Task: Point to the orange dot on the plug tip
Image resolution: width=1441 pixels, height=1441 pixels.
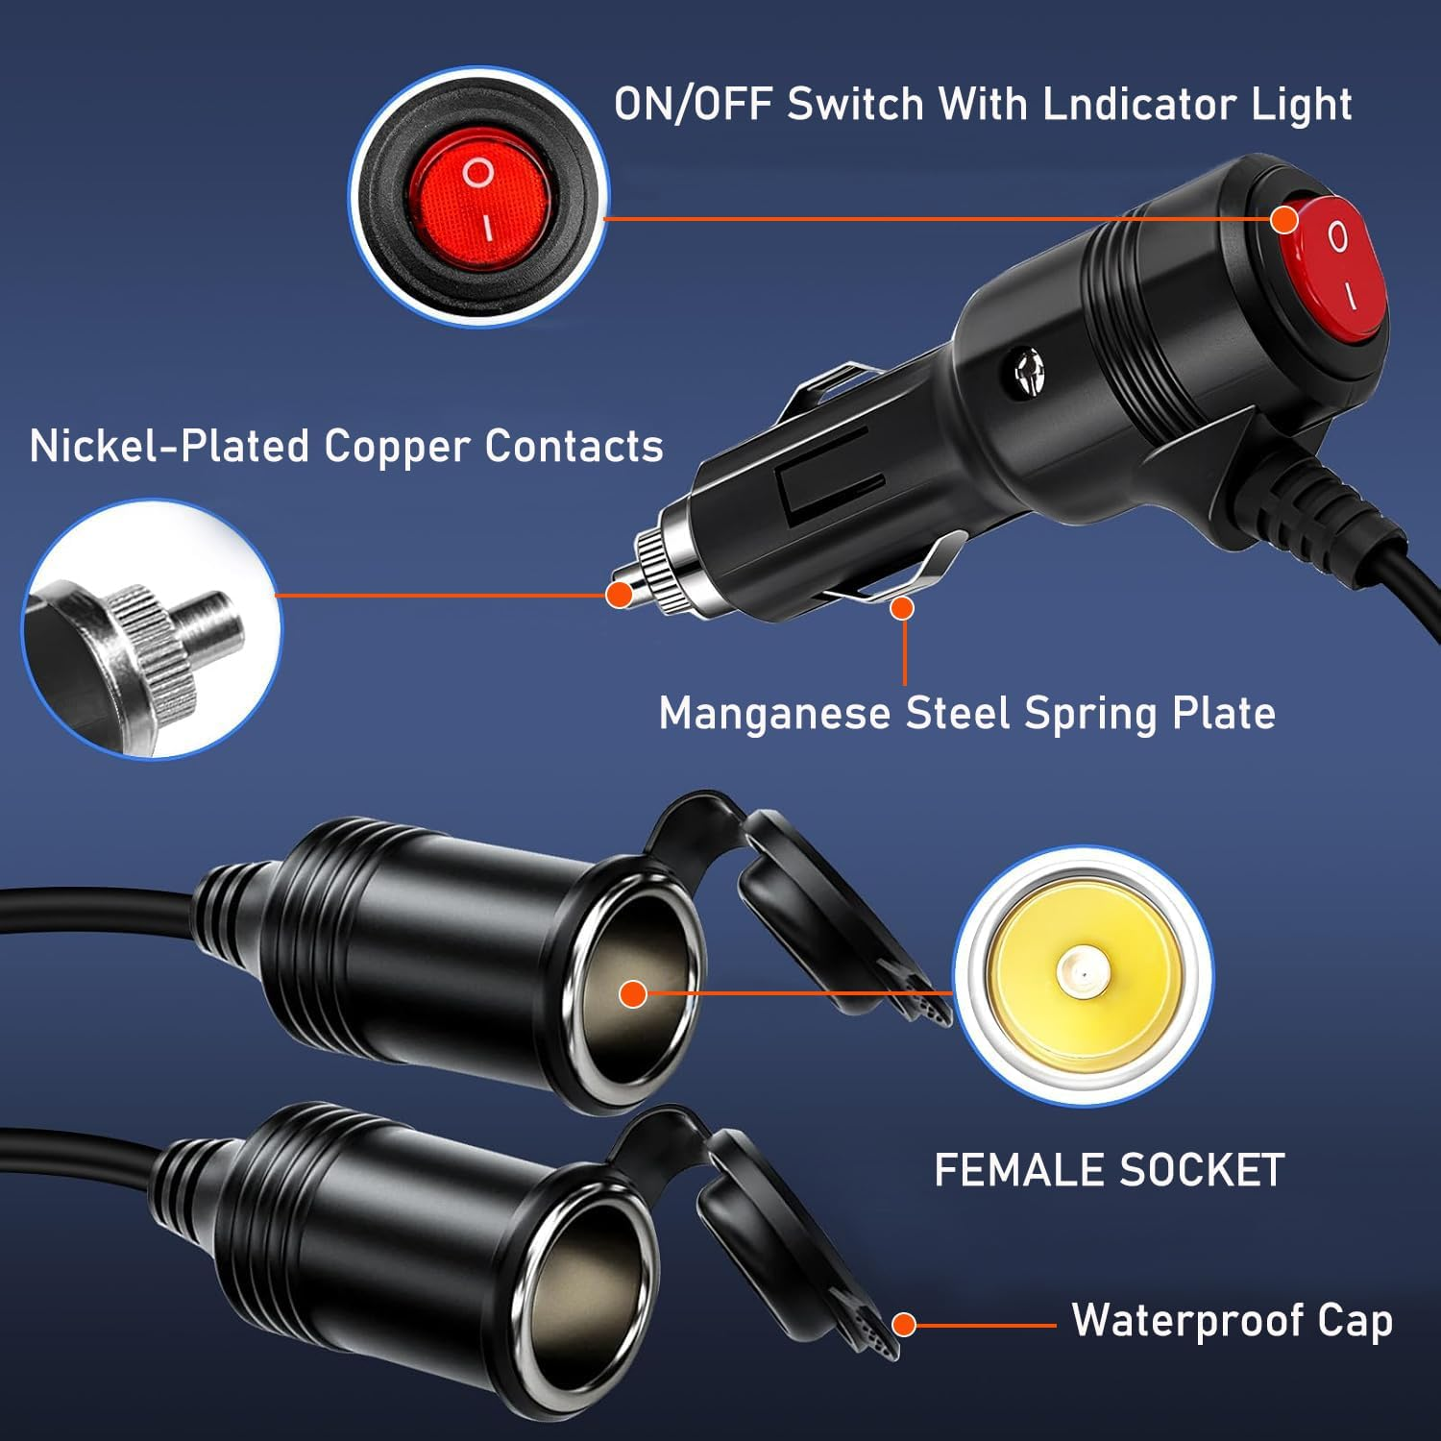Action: coord(620,594)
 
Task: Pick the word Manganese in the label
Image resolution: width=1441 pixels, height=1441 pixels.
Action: coord(774,714)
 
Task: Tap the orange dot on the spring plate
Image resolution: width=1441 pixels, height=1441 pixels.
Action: coord(902,607)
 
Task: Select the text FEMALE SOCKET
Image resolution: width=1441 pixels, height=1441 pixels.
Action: coord(1110,1170)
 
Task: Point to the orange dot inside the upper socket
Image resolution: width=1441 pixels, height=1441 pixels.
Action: coord(632,994)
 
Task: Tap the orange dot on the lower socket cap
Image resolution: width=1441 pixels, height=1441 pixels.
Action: coord(902,1325)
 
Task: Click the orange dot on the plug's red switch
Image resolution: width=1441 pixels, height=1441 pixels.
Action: coord(1284,220)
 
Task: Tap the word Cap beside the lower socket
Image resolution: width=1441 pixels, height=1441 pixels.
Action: coord(1355,1320)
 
